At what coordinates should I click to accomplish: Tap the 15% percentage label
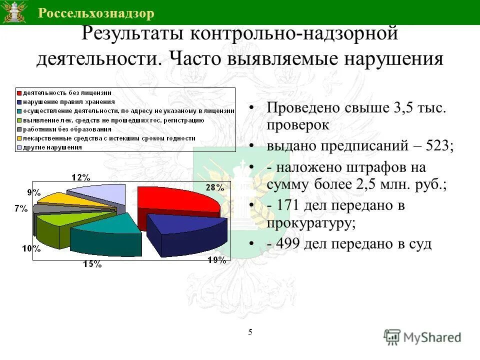pos(92,264)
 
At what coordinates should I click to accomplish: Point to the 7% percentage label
pos(20,209)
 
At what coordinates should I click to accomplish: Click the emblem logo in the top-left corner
pos(14,12)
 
